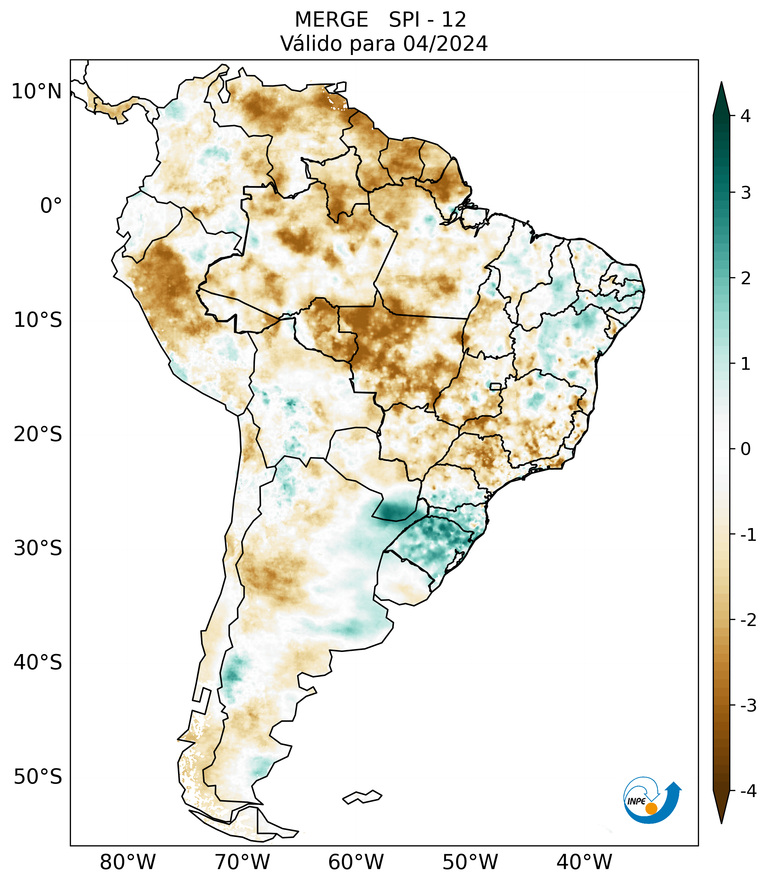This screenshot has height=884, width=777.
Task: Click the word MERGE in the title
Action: point(331,20)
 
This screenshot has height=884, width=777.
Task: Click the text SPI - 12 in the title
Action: point(427,20)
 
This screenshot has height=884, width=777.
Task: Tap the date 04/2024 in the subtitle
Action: point(445,44)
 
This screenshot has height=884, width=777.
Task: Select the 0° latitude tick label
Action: point(51,206)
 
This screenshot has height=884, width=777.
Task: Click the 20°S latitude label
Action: point(38,434)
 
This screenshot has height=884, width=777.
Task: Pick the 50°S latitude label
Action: point(38,777)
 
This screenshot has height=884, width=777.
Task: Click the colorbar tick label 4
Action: point(745,116)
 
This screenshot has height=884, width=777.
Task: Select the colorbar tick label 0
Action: point(745,449)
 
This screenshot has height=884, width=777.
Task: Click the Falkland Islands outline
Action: point(362,797)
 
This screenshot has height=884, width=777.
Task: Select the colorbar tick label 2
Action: point(745,279)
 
